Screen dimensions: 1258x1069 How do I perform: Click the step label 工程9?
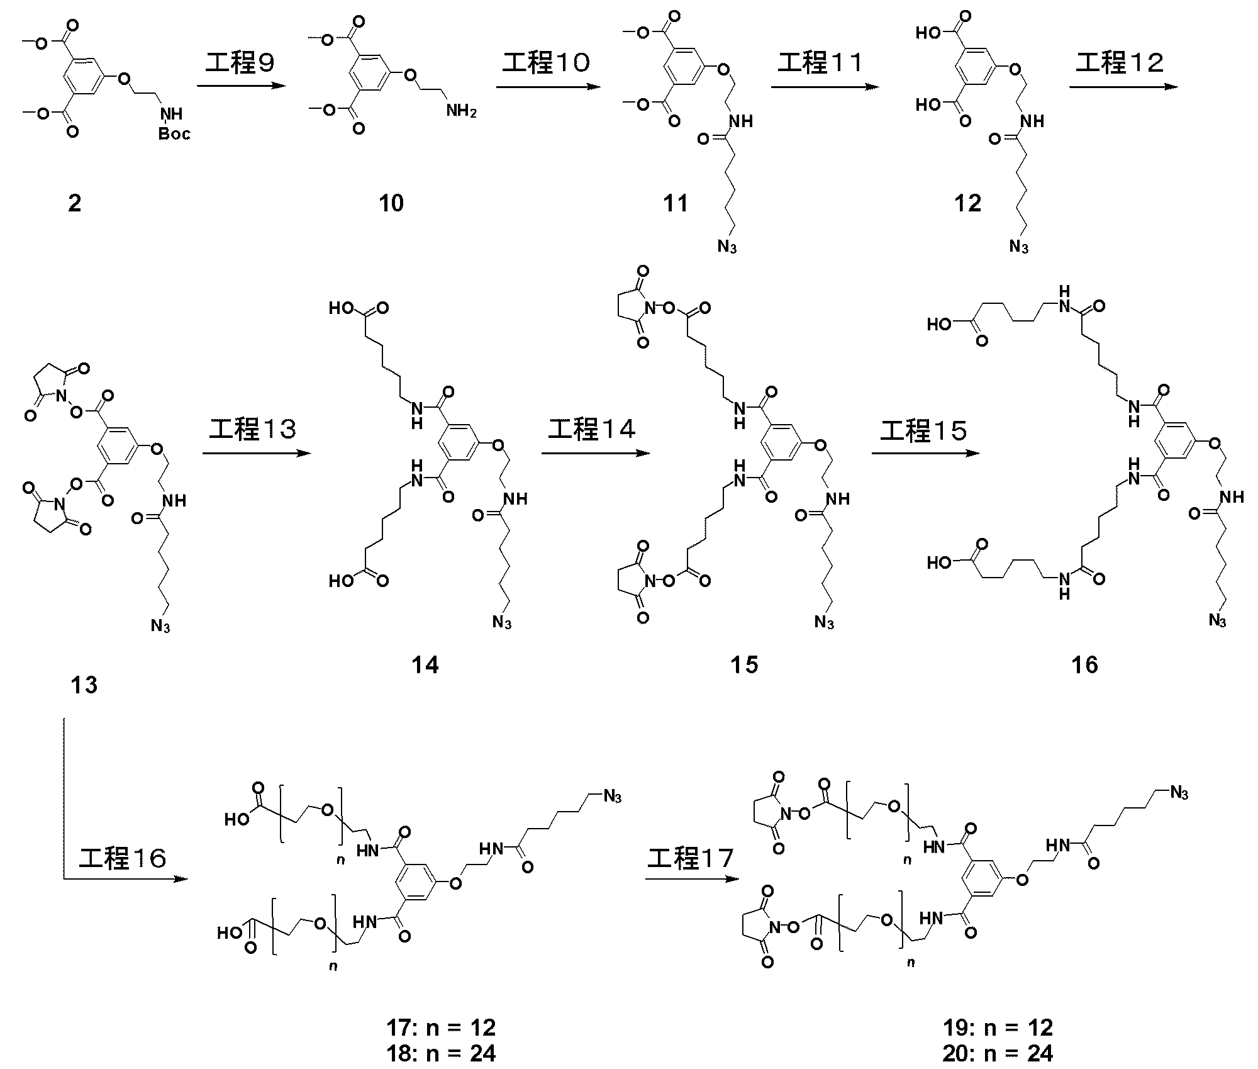pyautogui.click(x=240, y=63)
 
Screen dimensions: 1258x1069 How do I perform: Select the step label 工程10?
pyautogui.click(x=546, y=63)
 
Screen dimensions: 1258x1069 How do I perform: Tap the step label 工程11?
pyautogui.click(x=820, y=63)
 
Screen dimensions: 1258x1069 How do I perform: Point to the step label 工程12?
pyautogui.click(x=1120, y=63)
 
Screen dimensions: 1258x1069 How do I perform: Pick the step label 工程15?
pyautogui.click(x=923, y=430)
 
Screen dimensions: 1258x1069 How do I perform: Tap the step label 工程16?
pyautogui.click(x=123, y=858)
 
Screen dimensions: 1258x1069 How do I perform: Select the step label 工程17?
pyautogui.click(x=691, y=858)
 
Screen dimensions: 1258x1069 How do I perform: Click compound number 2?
pyautogui.click(x=75, y=203)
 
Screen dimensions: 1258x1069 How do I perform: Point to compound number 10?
pyautogui.click(x=391, y=203)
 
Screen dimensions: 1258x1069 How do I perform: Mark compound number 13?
pyautogui.click(x=84, y=685)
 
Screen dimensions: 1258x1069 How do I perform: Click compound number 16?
pyautogui.click(x=1084, y=665)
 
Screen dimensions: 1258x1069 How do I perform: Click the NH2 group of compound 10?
pyautogui.click(x=461, y=112)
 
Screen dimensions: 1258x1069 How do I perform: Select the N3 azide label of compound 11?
pyautogui.click(x=727, y=245)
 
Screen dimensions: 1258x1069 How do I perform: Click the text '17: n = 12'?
pyautogui.click(x=442, y=1027)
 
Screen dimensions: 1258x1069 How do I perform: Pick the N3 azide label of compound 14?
pyautogui.click(x=502, y=622)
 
